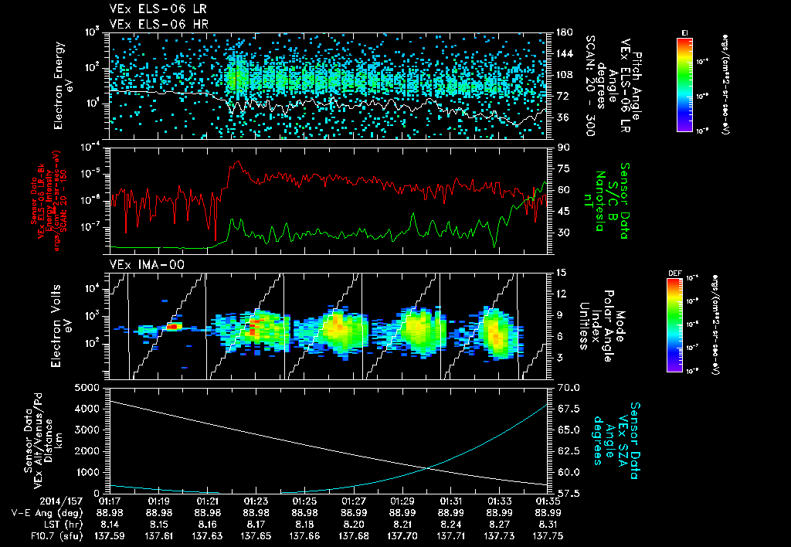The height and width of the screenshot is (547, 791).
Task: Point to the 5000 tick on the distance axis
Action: click(x=89, y=386)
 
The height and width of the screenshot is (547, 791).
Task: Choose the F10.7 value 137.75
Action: click(x=548, y=535)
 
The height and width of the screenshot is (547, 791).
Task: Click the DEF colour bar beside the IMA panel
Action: click(x=674, y=324)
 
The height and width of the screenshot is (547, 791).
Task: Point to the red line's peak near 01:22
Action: click(x=237, y=162)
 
